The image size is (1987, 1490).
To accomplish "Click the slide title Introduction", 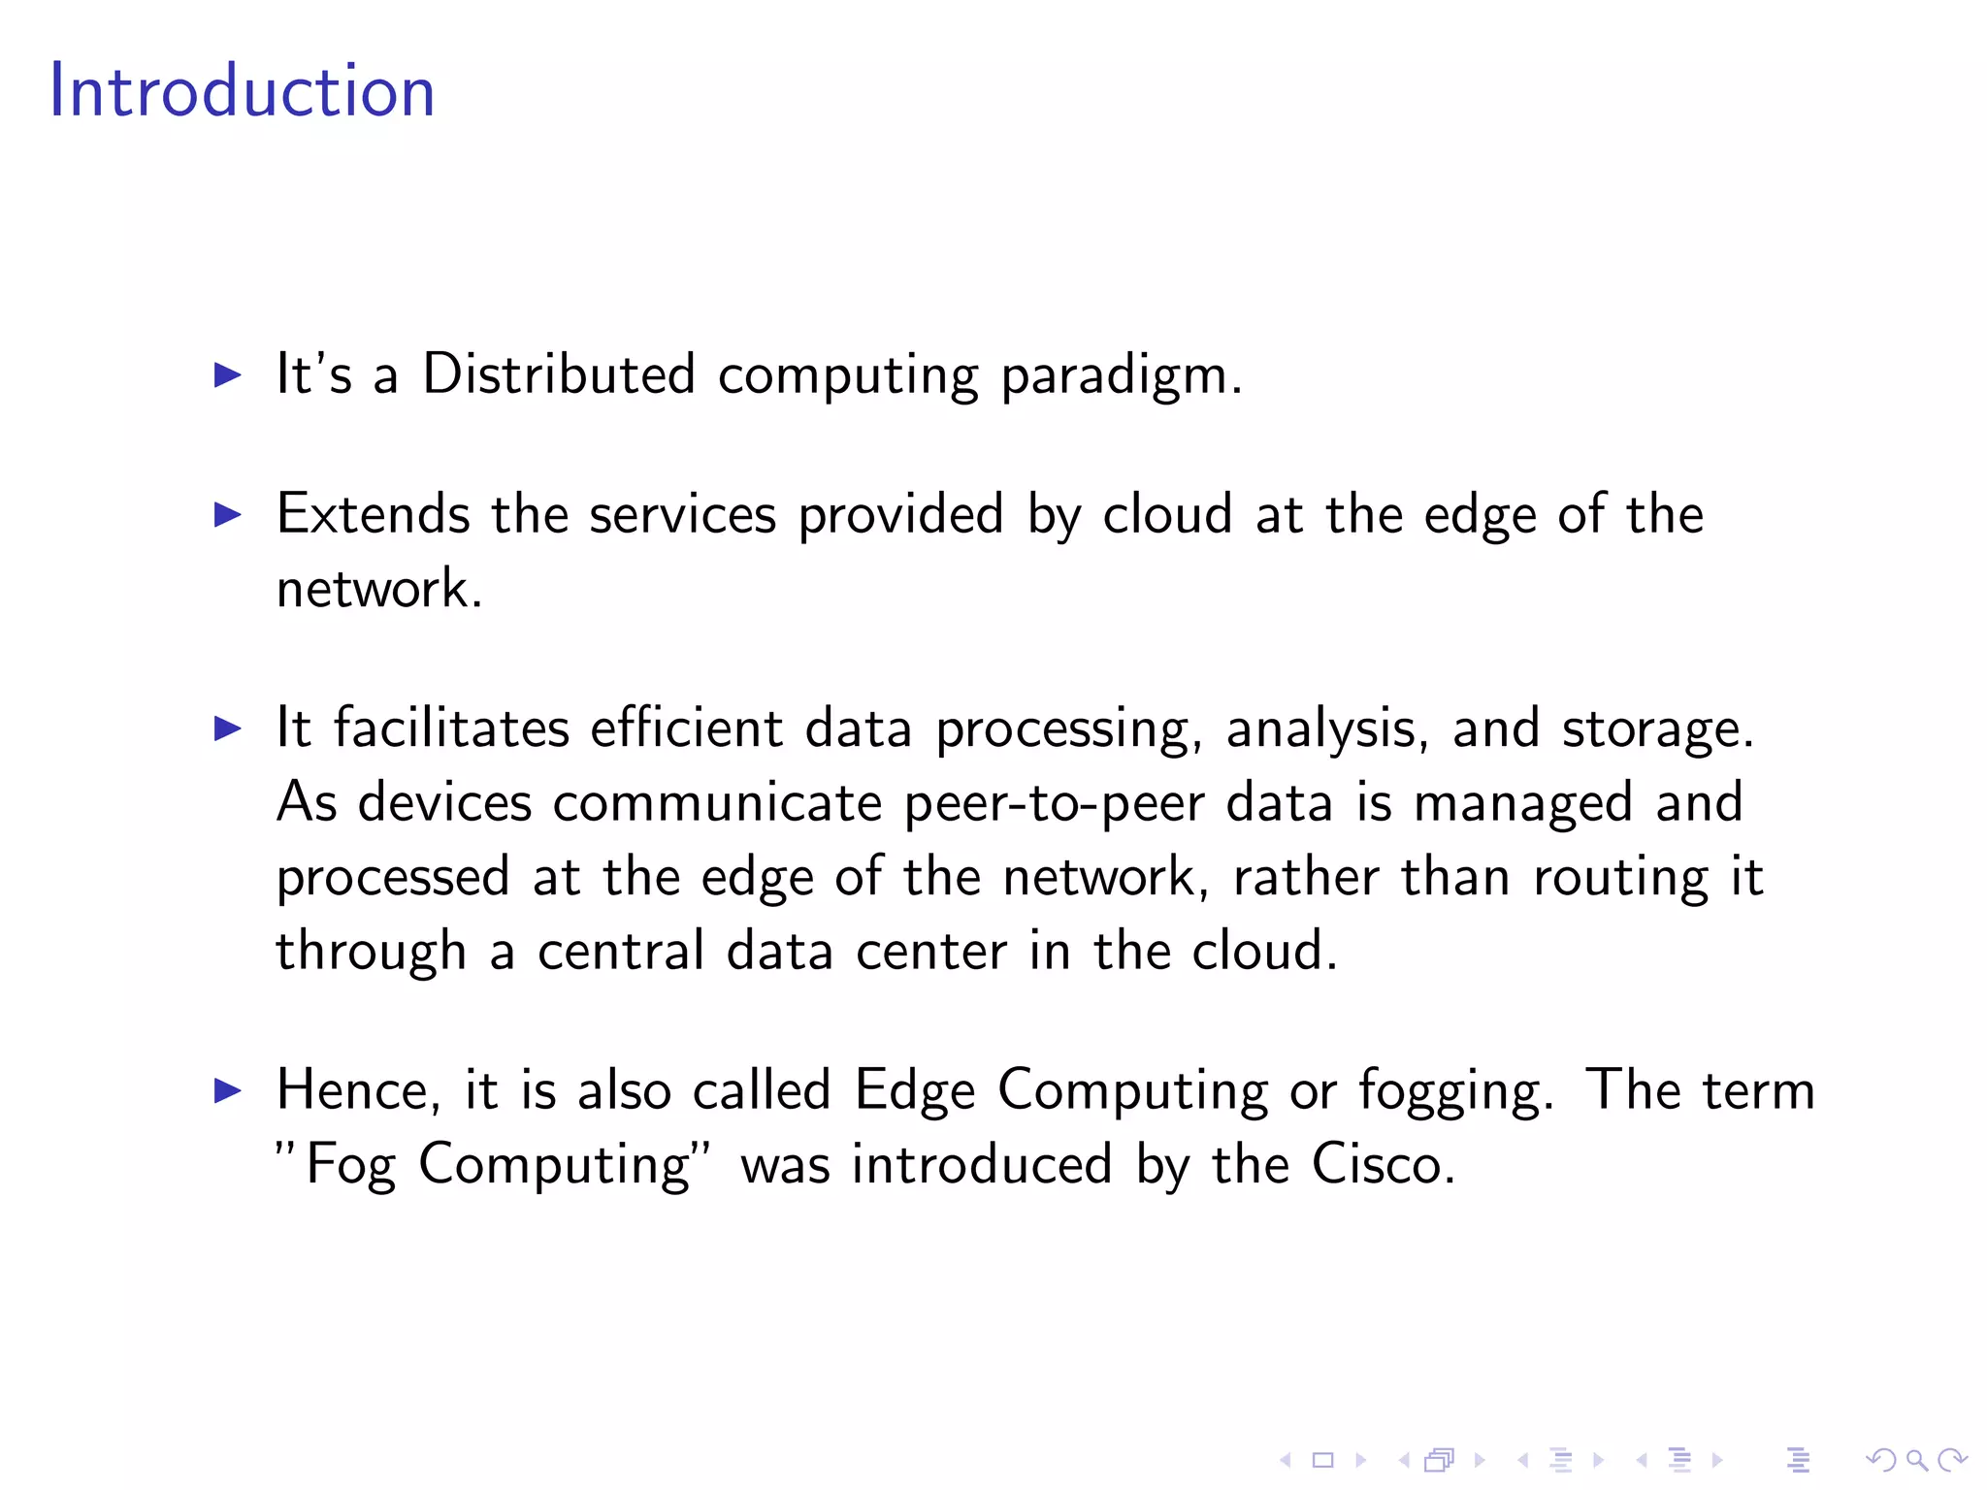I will coord(242,91).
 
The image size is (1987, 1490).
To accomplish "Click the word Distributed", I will coord(559,374).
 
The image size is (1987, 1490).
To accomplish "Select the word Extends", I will coord(373,514).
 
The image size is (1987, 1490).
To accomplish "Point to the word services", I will coord(682,514).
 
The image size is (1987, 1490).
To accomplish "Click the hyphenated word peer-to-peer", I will coord(1054,803).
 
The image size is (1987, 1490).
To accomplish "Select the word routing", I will coord(1620,879).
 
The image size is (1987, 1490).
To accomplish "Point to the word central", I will coord(621,951).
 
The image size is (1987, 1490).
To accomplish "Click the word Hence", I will coord(351,1090).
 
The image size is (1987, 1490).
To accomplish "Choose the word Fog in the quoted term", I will coord(350,1166).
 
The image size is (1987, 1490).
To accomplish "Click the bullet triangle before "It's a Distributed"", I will coord(227,374).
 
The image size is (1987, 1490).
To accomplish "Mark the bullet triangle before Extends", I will coord(227,514).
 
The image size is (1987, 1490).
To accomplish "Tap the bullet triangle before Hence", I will coord(227,1090).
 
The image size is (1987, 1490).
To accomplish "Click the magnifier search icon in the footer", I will coord(1916,1460).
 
